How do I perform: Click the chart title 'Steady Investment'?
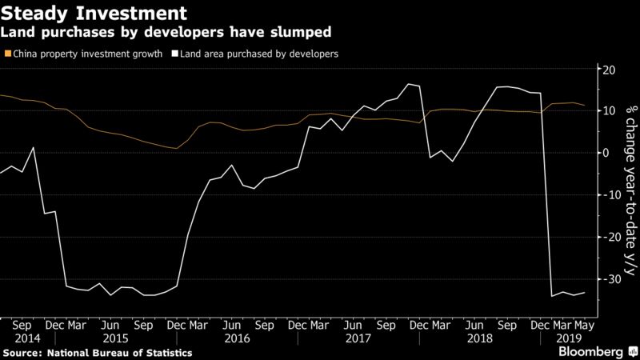click(94, 13)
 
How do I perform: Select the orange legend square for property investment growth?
click(8, 54)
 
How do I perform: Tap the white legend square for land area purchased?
click(175, 54)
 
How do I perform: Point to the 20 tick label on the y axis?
click(609, 70)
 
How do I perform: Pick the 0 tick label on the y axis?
click(606, 153)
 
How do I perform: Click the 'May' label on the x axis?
click(584, 326)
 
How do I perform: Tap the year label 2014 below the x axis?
click(27, 338)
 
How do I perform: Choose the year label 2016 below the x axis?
click(237, 338)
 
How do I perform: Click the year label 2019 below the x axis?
click(569, 338)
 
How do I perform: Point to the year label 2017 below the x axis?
click(358, 338)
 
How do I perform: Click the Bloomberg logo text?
click(590, 352)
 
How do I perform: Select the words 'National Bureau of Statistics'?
click(119, 353)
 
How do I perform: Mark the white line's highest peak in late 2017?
click(409, 84)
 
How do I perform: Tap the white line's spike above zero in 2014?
click(33, 147)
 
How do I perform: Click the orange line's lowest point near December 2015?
click(176, 148)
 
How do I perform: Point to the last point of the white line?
click(585, 293)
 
